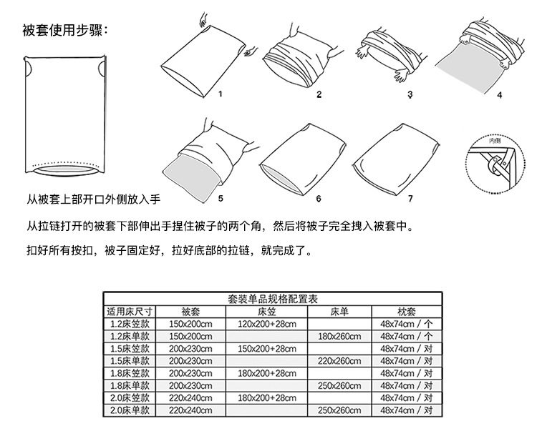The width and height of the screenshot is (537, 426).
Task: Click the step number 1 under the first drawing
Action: [221, 94]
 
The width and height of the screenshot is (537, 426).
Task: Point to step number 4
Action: [499, 94]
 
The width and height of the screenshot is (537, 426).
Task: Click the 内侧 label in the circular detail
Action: [493, 141]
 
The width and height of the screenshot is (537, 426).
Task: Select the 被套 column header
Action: [190, 312]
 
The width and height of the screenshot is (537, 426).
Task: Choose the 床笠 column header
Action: [267, 312]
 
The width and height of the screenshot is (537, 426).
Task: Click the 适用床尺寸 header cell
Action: [130, 312]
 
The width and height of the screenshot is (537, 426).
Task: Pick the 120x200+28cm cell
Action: [267, 324]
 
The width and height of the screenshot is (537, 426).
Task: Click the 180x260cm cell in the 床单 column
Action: [339, 336]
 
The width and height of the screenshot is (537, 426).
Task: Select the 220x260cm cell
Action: [339, 361]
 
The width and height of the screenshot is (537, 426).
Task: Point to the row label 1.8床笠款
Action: [130, 373]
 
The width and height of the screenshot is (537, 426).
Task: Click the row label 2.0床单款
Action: [130, 410]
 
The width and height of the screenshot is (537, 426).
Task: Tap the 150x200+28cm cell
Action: [267, 349]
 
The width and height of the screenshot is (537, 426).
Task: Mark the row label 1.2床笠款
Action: [130, 324]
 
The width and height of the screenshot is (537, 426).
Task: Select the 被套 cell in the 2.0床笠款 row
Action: [190, 398]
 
